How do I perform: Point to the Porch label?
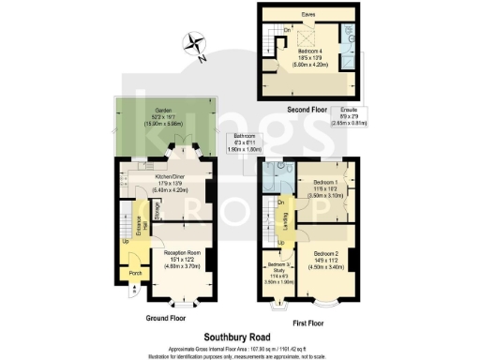point(135,274)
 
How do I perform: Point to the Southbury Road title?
point(239,335)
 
